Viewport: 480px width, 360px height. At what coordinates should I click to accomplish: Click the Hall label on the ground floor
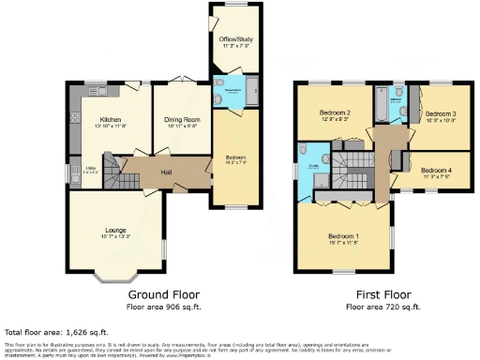pyautogui.click(x=165, y=172)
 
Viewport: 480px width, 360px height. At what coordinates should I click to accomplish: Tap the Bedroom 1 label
pyautogui.click(x=344, y=235)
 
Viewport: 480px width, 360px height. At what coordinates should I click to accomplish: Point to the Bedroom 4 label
pyautogui.click(x=436, y=171)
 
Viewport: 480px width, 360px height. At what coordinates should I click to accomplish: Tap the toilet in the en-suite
pyautogui.click(x=305, y=150)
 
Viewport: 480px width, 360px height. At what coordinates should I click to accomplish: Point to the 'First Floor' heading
pyautogui.click(x=383, y=295)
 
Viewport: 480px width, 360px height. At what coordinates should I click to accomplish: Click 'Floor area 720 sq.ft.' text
pyautogui.click(x=383, y=307)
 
